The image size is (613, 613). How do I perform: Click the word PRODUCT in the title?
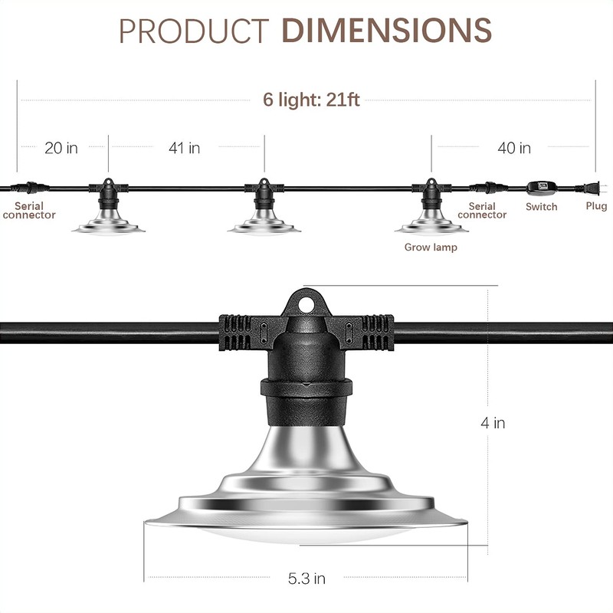tap(194, 30)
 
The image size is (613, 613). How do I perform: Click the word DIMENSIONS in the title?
tap(387, 30)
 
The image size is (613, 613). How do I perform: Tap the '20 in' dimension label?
tap(61, 148)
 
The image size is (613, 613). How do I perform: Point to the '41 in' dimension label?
tap(184, 148)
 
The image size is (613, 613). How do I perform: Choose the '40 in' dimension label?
tap(514, 148)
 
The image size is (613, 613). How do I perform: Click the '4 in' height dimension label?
tap(492, 423)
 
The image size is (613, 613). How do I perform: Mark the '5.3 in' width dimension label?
tap(306, 579)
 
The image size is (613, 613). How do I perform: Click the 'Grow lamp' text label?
tap(431, 247)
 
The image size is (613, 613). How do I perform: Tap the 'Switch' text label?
tap(542, 207)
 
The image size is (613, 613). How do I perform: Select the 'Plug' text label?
tap(596, 206)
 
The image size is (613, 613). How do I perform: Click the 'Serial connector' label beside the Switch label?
tap(482, 211)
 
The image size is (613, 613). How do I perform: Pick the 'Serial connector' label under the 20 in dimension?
tap(29, 211)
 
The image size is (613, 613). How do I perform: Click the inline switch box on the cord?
tap(541, 187)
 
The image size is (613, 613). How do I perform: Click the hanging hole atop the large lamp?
tap(308, 303)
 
